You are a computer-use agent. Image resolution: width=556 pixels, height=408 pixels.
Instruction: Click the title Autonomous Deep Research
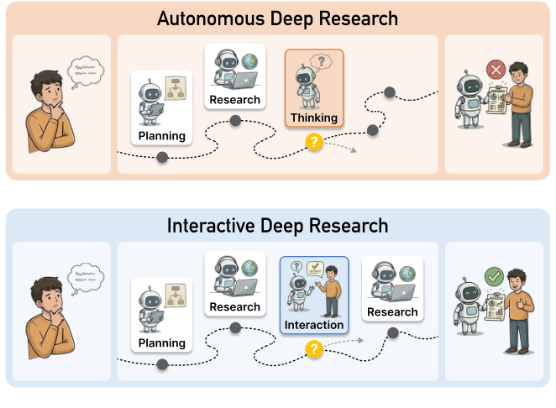pyautogui.click(x=277, y=18)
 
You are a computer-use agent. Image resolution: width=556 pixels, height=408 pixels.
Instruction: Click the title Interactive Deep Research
pyautogui.click(x=277, y=226)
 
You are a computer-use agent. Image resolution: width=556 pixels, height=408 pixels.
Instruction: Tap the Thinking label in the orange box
pyautogui.click(x=313, y=118)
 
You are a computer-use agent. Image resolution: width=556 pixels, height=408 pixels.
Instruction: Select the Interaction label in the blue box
pyautogui.click(x=313, y=325)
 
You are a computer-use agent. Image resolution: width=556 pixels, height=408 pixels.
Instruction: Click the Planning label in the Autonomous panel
pyautogui.click(x=162, y=135)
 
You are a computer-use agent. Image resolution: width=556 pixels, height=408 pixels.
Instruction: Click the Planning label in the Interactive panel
pyautogui.click(x=162, y=343)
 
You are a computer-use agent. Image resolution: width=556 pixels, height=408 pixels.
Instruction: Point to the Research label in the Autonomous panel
pyautogui.click(x=235, y=100)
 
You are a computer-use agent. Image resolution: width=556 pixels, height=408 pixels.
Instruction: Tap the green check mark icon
pyautogui.click(x=494, y=275)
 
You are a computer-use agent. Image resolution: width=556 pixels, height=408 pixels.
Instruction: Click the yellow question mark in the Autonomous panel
pyautogui.click(x=314, y=143)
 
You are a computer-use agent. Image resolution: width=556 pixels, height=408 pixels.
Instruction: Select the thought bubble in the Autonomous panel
pyautogui.click(x=84, y=66)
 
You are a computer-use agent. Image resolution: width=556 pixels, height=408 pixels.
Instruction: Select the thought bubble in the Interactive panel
pyautogui.click(x=84, y=274)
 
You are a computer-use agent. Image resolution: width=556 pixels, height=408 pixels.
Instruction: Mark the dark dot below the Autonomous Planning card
pyautogui.click(x=162, y=157)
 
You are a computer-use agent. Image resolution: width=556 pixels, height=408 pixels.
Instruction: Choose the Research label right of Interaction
pyautogui.click(x=392, y=311)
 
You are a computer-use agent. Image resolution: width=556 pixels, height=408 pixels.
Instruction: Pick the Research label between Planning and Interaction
pyautogui.click(x=235, y=306)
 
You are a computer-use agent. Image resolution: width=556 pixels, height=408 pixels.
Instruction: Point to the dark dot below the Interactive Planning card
pyautogui.click(x=162, y=364)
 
